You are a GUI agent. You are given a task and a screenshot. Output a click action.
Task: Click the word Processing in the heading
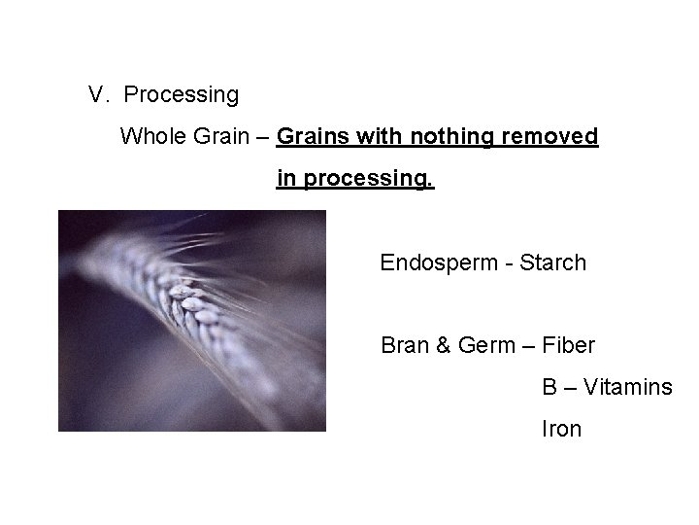pos(182,95)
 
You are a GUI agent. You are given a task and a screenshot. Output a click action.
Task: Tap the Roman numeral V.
pos(97,95)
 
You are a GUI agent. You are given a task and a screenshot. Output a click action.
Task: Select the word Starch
pos(553,262)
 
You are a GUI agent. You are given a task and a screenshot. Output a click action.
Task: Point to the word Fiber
pos(569,345)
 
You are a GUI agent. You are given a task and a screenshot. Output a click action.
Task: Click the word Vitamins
pos(627,387)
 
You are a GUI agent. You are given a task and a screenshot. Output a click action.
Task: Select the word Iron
pos(561,429)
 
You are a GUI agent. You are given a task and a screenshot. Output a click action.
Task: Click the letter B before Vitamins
pos(549,387)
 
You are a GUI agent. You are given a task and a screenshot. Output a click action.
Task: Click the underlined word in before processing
pos(286,180)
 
